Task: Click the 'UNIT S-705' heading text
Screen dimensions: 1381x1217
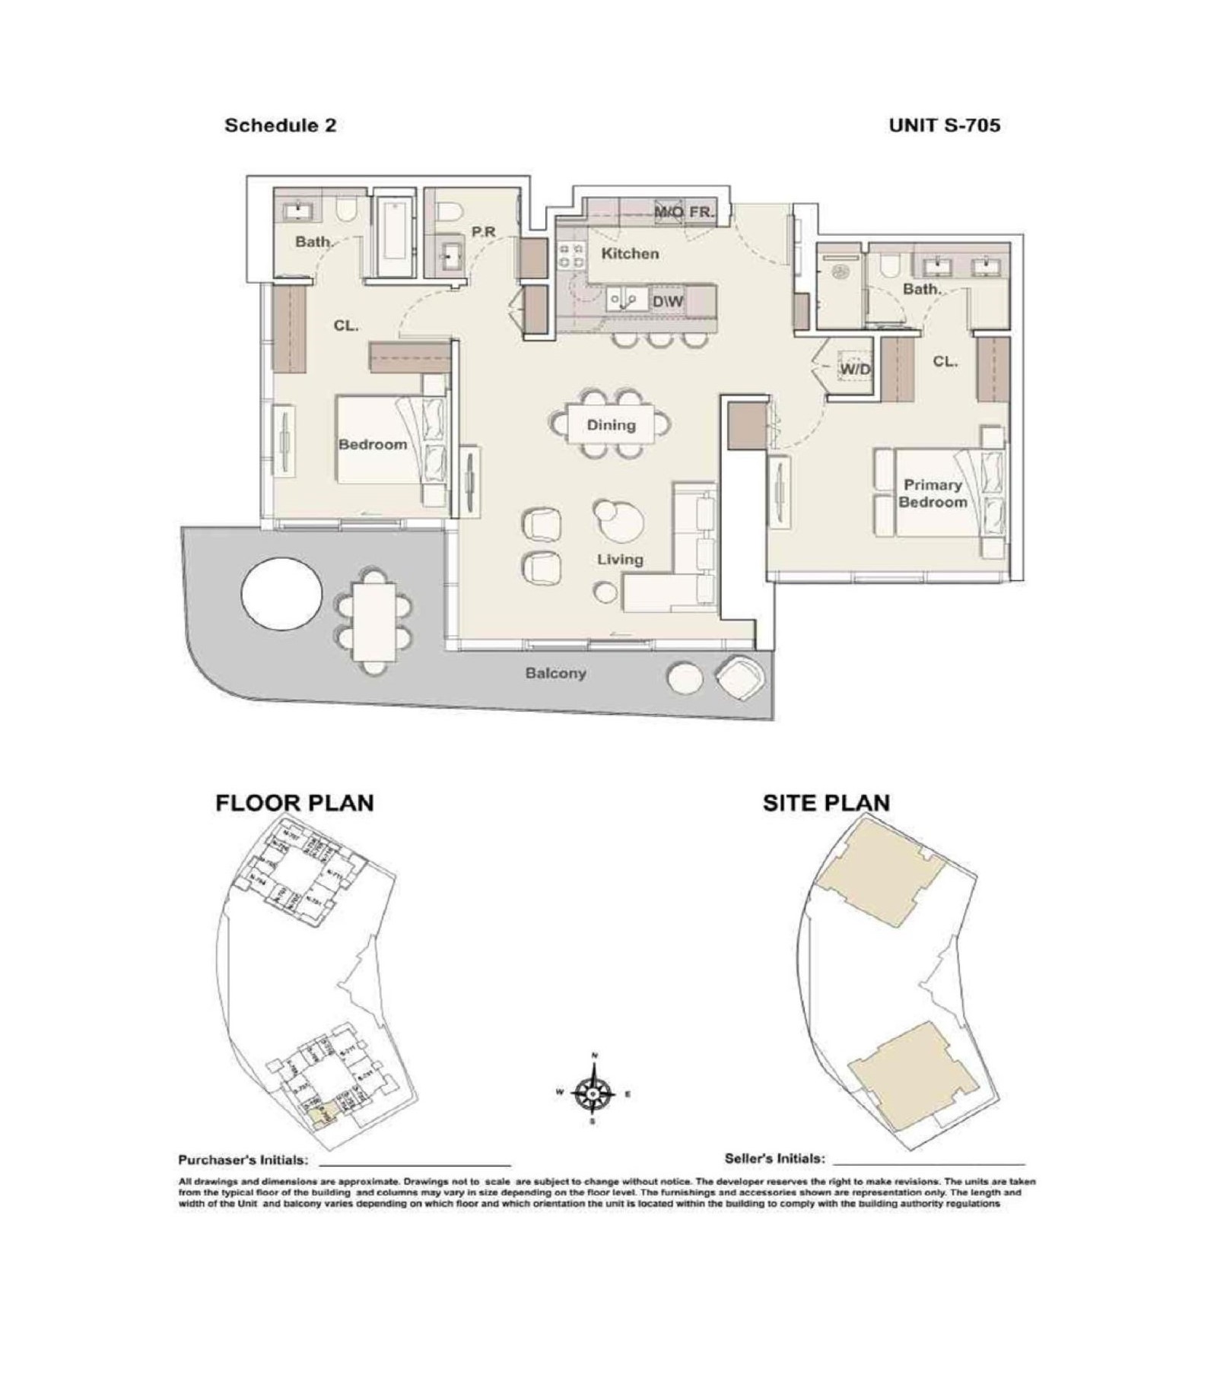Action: [x=944, y=125]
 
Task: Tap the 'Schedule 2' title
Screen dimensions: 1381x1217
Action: [x=280, y=125]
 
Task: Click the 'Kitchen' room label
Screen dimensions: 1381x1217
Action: [x=630, y=253]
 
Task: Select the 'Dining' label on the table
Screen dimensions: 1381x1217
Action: [x=611, y=425]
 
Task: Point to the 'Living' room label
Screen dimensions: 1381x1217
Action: [x=620, y=560]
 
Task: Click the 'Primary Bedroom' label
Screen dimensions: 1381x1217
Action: [x=933, y=494]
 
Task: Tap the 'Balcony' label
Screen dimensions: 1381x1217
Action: [x=555, y=674]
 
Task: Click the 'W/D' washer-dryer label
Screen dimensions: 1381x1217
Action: [x=856, y=370]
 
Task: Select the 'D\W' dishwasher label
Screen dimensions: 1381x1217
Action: [x=668, y=302]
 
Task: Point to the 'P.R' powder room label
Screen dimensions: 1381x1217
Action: [x=484, y=232]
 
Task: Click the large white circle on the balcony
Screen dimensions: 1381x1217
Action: [x=281, y=594]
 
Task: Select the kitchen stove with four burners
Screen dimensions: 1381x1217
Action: [x=570, y=255]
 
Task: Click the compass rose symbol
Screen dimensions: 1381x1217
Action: [x=593, y=1094]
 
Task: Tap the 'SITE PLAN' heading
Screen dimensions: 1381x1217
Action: [x=826, y=803]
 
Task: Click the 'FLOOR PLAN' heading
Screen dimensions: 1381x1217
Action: [x=294, y=803]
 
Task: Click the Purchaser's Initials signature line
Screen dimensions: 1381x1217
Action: [x=415, y=1164]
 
